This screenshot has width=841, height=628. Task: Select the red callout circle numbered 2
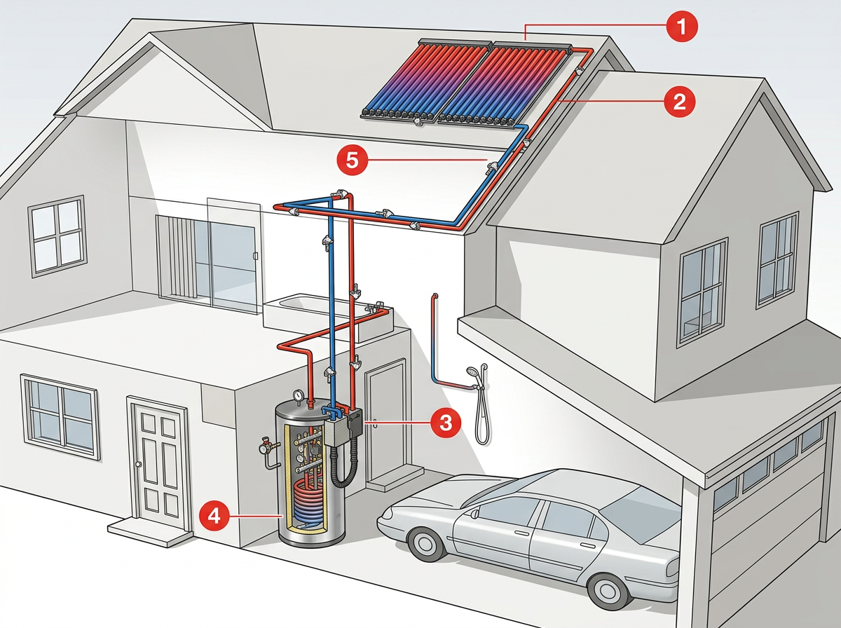click(678, 102)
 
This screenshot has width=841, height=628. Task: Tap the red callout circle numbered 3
click(445, 422)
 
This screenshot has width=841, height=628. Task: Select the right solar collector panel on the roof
click(503, 84)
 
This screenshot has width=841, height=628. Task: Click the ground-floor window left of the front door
click(60, 414)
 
